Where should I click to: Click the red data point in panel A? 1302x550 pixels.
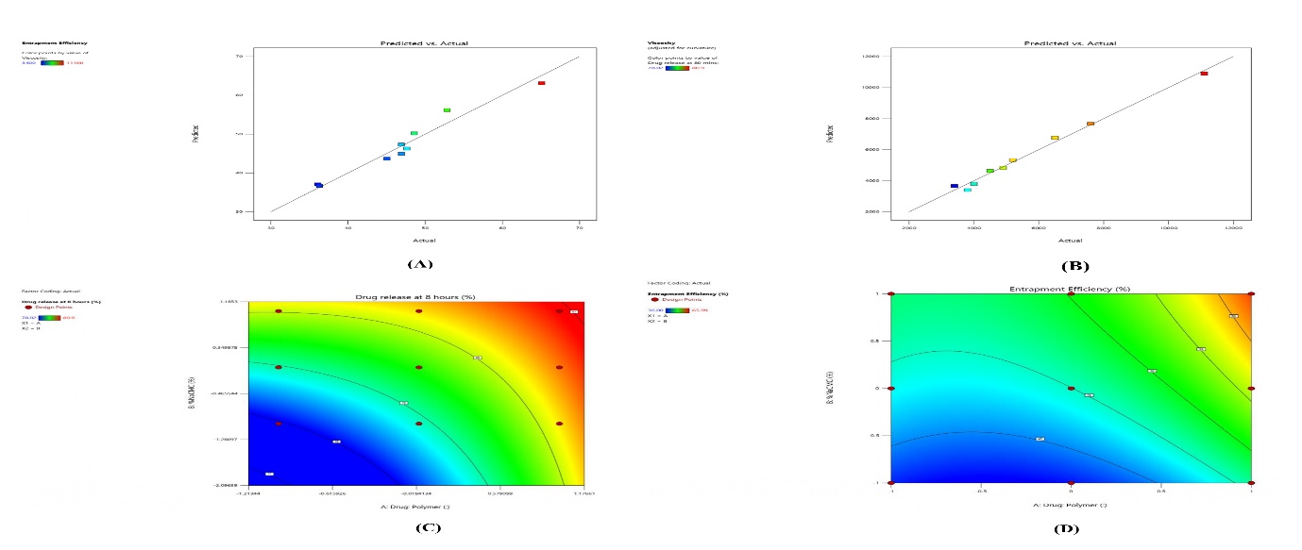[542, 83]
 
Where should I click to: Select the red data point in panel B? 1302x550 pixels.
[1204, 74]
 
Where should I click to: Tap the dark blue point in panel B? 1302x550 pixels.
[955, 186]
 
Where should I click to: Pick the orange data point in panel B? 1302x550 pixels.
[1091, 124]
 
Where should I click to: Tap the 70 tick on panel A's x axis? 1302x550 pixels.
[578, 226]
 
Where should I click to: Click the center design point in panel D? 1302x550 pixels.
[1071, 388]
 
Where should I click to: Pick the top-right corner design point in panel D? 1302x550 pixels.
[1251, 293]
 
